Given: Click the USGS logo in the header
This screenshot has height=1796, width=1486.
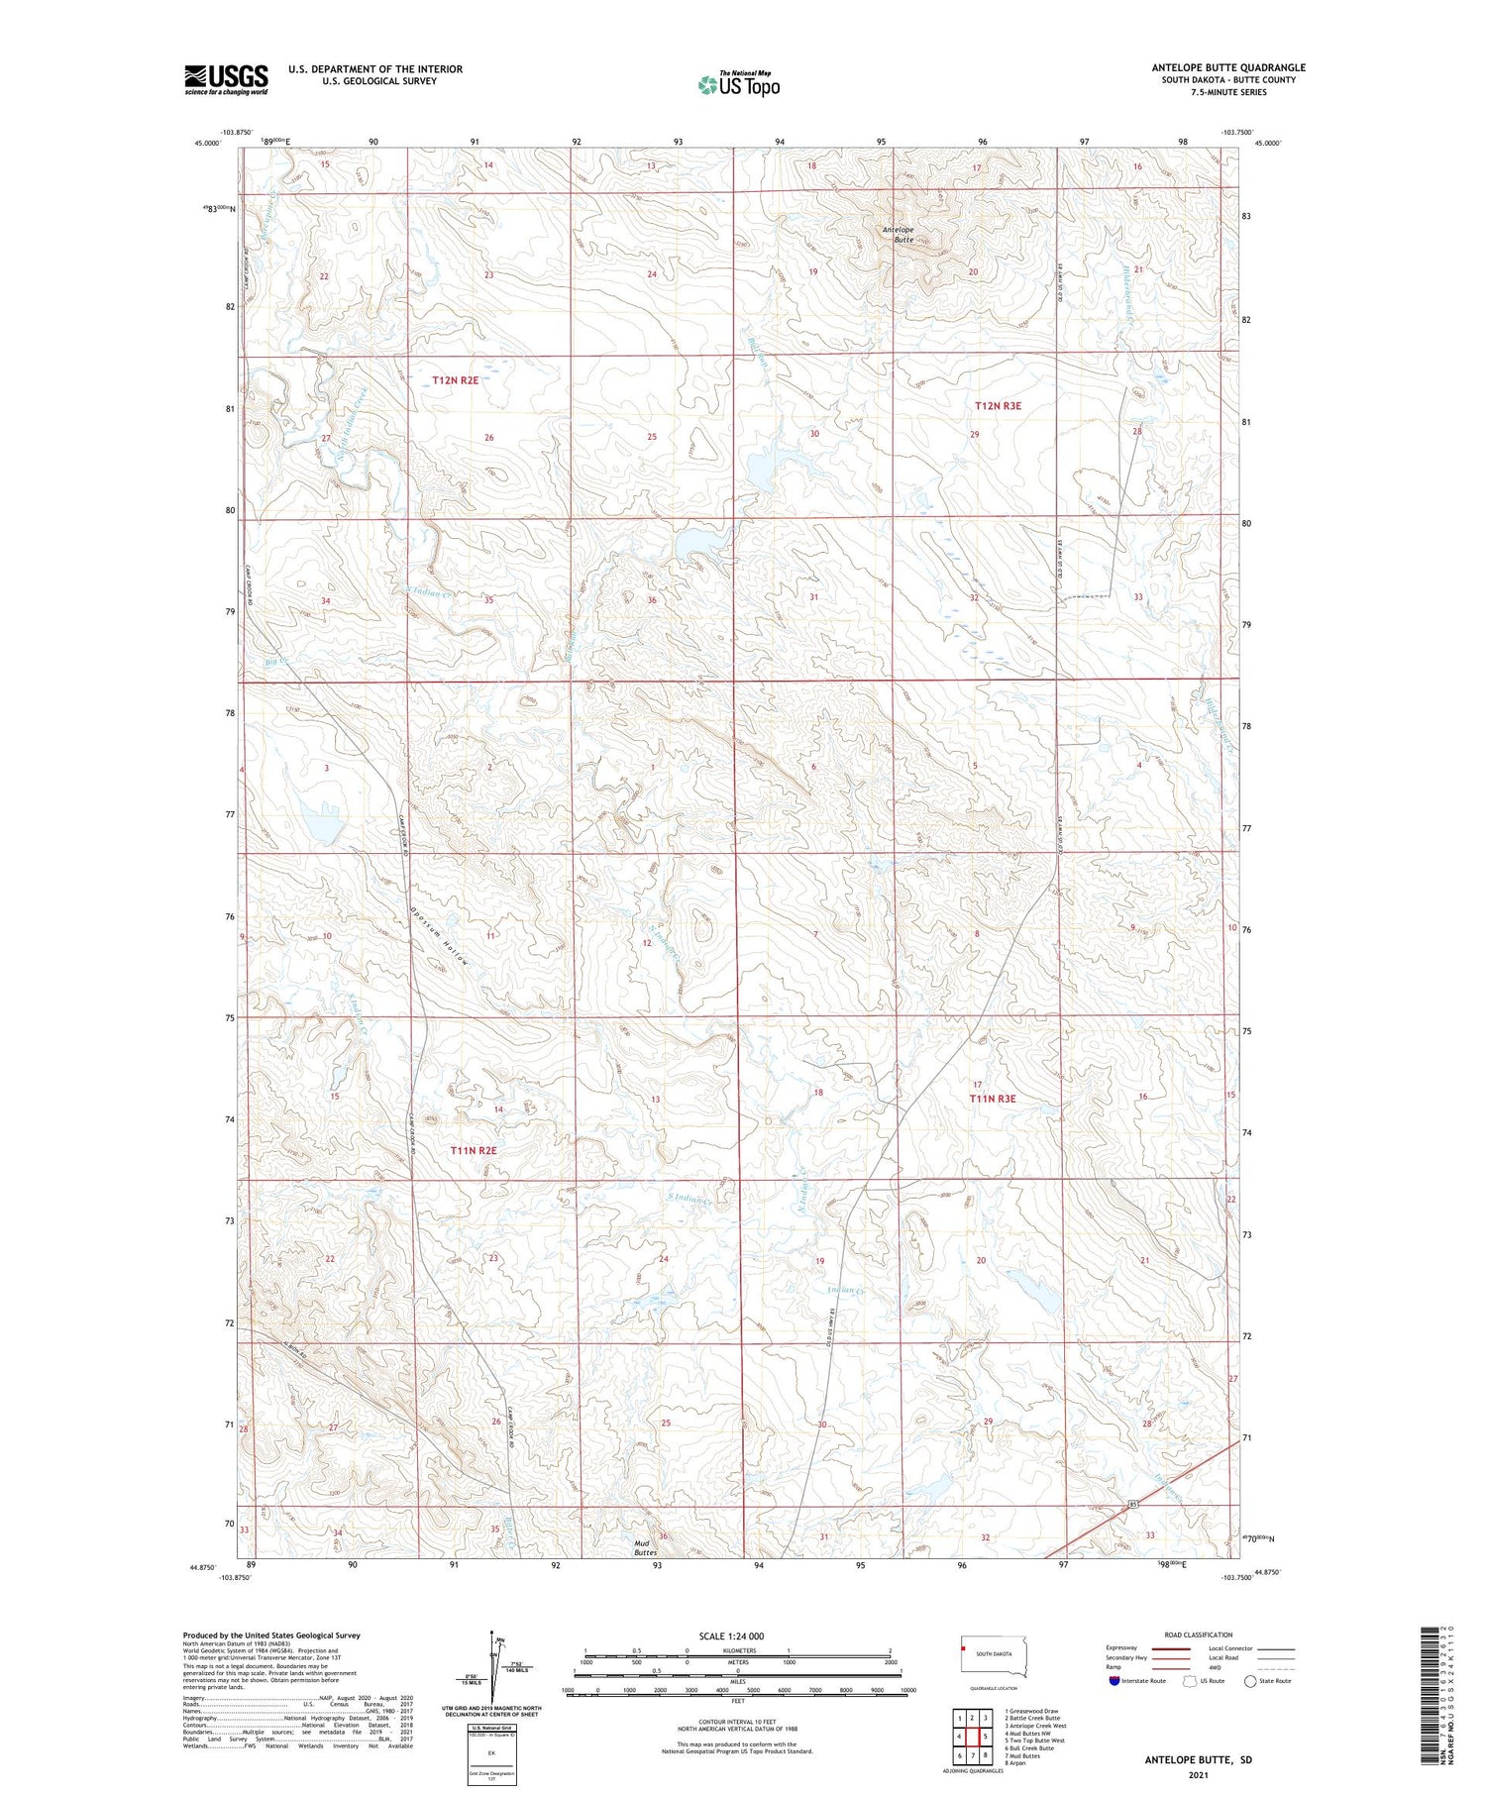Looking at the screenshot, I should pyautogui.click(x=226, y=79).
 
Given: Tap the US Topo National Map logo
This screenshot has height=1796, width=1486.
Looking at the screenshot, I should pyautogui.click(x=738, y=85).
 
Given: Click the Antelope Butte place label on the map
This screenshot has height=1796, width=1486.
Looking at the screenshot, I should pyautogui.click(x=899, y=235).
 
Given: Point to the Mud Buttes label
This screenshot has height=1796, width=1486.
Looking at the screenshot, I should pyautogui.click(x=645, y=1548).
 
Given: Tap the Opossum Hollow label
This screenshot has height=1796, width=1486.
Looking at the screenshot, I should pyautogui.click(x=438, y=938).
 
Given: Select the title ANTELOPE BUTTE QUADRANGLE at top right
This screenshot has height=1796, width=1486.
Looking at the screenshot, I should pyautogui.click(x=1227, y=67).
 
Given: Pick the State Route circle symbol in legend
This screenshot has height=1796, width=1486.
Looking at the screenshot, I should pyautogui.click(x=1250, y=1681).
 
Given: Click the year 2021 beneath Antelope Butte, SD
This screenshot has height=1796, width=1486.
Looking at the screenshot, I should pyautogui.click(x=1198, y=1776).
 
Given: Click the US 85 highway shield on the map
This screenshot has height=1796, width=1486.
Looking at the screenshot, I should pyautogui.click(x=1131, y=1506).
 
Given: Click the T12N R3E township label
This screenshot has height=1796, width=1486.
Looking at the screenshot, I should pyautogui.click(x=998, y=406).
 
